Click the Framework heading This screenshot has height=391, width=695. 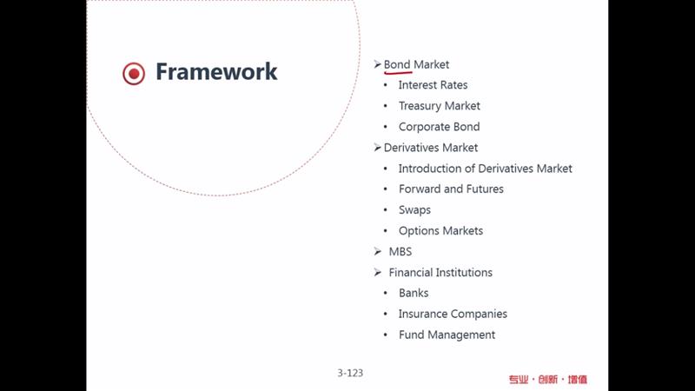[216, 71]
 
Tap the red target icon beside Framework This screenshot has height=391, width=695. [134, 73]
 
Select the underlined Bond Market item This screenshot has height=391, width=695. [416, 64]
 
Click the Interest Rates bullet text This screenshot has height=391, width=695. [433, 84]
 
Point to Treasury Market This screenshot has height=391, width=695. [440, 106]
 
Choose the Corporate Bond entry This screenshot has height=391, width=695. [439, 127]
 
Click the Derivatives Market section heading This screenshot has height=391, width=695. [430, 148]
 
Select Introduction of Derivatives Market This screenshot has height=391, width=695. [485, 169]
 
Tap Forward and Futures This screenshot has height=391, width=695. [451, 189]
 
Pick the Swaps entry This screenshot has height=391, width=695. [414, 210]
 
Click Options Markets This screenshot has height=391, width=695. [440, 231]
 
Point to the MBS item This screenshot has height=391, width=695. [400, 252]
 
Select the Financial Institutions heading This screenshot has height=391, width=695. [440, 273]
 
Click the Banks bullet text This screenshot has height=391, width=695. [414, 293]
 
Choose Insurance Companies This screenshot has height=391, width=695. [453, 314]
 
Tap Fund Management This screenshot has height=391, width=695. [447, 335]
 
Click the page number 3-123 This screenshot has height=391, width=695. [350, 374]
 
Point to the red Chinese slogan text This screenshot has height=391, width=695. [548, 380]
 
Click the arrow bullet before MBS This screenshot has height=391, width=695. [377, 251]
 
